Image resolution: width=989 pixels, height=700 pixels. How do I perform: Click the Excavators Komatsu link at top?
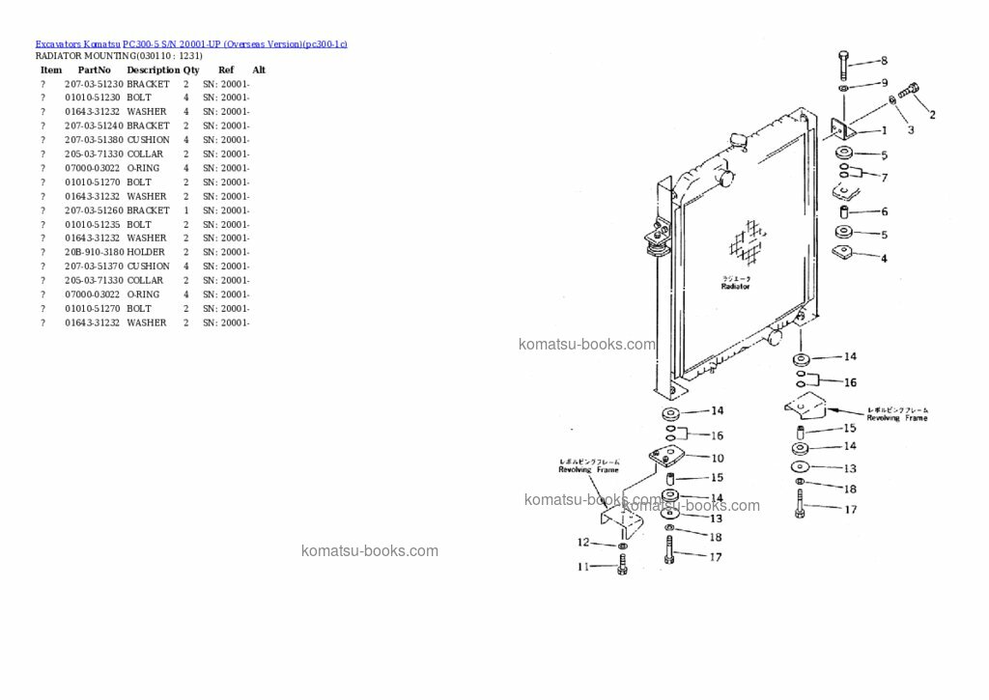click(x=78, y=44)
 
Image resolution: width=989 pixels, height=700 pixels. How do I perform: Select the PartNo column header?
click(x=95, y=70)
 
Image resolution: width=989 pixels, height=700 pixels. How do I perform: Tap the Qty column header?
click(x=191, y=70)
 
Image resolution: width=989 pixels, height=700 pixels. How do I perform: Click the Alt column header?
click(x=259, y=70)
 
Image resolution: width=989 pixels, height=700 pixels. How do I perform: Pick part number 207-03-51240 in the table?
click(x=94, y=126)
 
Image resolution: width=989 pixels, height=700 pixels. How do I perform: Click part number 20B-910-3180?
click(x=94, y=252)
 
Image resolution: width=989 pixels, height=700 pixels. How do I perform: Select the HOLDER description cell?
click(x=146, y=252)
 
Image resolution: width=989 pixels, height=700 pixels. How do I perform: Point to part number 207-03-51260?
click(x=94, y=210)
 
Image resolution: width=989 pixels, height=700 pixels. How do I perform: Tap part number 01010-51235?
click(x=93, y=224)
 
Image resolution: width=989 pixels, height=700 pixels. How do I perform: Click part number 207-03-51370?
click(x=94, y=266)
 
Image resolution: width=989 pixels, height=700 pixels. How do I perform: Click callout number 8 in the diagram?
click(x=883, y=61)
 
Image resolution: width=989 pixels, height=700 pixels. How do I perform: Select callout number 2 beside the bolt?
click(x=932, y=115)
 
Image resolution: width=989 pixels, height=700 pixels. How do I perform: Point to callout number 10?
click(x=718, y=458)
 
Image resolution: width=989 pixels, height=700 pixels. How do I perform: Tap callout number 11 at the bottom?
click(x=582, y=568)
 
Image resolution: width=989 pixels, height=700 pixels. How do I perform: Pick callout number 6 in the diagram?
click(x=884, y=211)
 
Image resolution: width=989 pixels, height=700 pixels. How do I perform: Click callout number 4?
click(x=884, y=258)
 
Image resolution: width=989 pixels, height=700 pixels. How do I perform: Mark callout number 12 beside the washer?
click(x=582, y=542)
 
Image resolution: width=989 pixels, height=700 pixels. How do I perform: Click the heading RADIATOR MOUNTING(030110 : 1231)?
click(x=119, y=56)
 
